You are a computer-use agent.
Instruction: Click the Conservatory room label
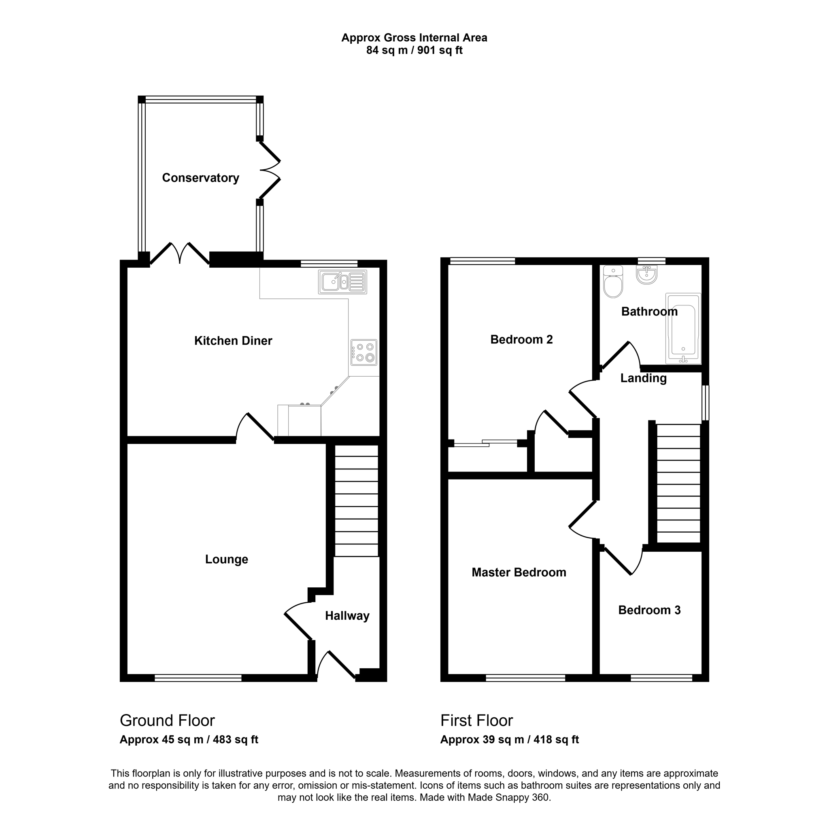tap(200, 178)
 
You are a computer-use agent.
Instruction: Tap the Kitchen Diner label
tap(233, 341)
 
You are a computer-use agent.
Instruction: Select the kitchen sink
tap(342, 282)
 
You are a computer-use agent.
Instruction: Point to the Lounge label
tap(227, 559)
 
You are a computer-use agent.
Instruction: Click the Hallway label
tap(347, 615)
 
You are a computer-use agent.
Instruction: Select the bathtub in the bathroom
tap(683, 328)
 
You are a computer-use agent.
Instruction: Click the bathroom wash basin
tap(646, 275)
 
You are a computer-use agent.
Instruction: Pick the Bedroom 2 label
tap(521, 339)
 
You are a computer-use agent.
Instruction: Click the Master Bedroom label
tap(519, 572)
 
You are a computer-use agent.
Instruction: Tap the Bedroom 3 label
tap(649, 610)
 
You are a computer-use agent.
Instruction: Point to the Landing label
tap(643, 378)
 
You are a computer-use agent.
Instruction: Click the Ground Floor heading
tap(167, 720)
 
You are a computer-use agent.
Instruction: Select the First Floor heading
tap(476, 720)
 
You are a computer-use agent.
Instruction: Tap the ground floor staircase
tap(356, 500)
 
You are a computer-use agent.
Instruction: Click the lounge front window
tap(198, 678)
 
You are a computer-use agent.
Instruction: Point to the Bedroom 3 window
tap(661, 678)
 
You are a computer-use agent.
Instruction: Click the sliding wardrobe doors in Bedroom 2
tap(486, 443)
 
